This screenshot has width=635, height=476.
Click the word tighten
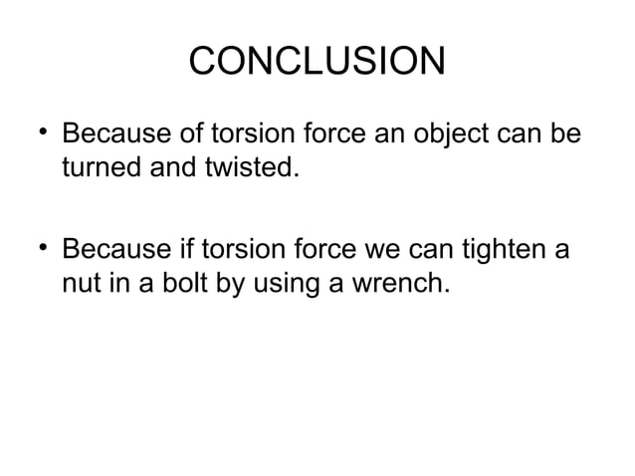coord(499,249)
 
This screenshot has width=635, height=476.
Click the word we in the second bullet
coord(384,249)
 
